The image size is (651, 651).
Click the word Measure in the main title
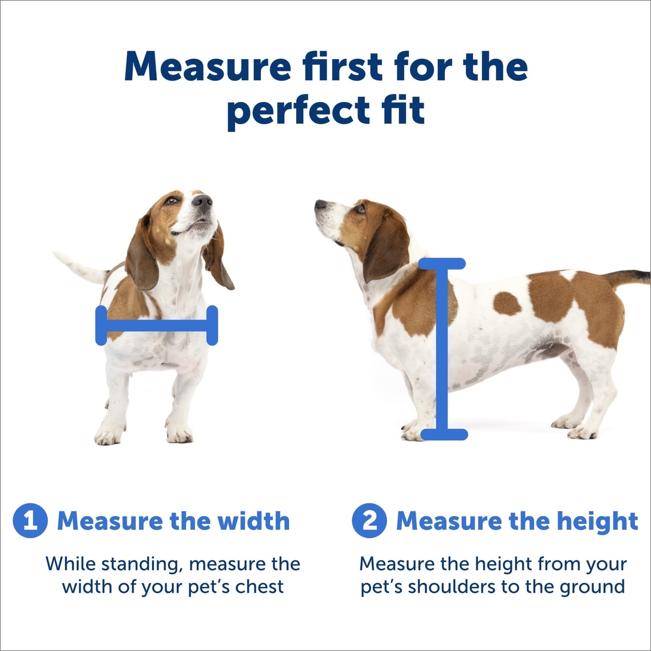(x=207, y=66)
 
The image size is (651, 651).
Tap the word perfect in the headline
(x=298, y=110)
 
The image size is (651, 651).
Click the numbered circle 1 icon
(x=30, y=530)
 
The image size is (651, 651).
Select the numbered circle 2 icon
(x=369, y=530)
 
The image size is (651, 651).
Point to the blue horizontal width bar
(x=157, y=325)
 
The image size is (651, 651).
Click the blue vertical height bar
(x=443, y=349)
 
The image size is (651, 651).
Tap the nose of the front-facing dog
(x=202, y=201)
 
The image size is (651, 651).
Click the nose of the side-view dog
(x=321, y=205)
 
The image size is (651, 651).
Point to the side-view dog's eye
(x=360, y=209)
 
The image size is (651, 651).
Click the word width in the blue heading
(x=253, y=531)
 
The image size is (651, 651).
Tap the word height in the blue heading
(x=597, y=531)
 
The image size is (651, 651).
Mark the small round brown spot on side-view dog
(x=507, y=303)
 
